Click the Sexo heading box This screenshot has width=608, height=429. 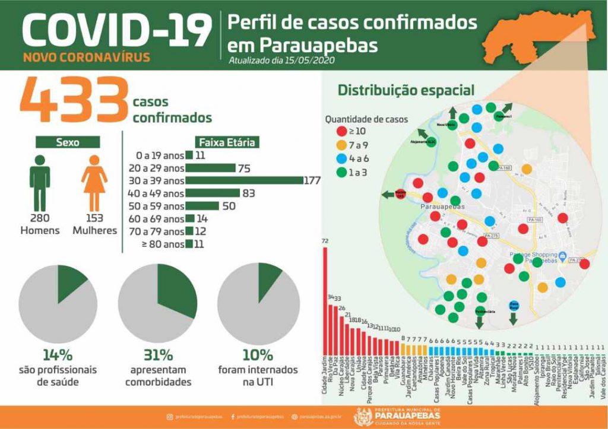pyautogui.click(x=67, y=142)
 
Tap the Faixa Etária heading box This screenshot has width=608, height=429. pyautogui.click(x=226, y=142)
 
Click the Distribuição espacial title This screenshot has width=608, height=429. pyautogui.click(x=406, y=91)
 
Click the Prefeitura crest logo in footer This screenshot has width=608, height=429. pyautogui.click(x=363, y=417)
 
